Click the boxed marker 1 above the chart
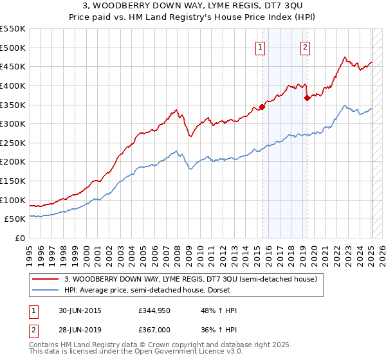tap(260, 47)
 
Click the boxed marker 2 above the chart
tap(304, 47)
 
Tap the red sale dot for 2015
tap(262, 107)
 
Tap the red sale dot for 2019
tap(307, 98)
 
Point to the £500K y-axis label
tap(13, 48)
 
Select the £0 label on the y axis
tap(21, 238)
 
